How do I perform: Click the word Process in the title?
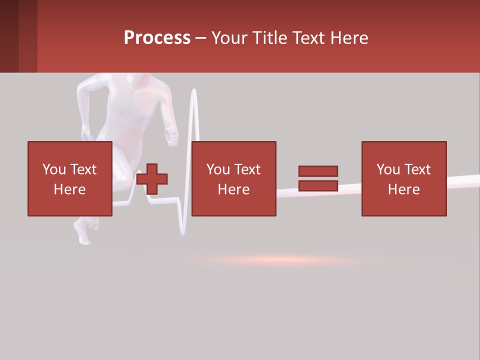[157, 38]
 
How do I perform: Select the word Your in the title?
[229, 38]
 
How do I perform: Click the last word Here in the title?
[350, 38]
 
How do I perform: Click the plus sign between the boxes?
[152, 179]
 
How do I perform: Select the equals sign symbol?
[318, 178]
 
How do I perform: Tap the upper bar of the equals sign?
[318, 171]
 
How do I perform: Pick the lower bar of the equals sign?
[318, 186]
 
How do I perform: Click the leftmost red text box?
[69, 178]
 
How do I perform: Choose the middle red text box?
[233, 178]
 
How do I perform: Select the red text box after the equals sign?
[403, 178]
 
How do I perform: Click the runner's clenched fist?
[172, 136]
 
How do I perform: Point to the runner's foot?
[83, 232]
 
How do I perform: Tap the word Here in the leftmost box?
[69, 189]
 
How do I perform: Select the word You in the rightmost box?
[388, 169]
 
